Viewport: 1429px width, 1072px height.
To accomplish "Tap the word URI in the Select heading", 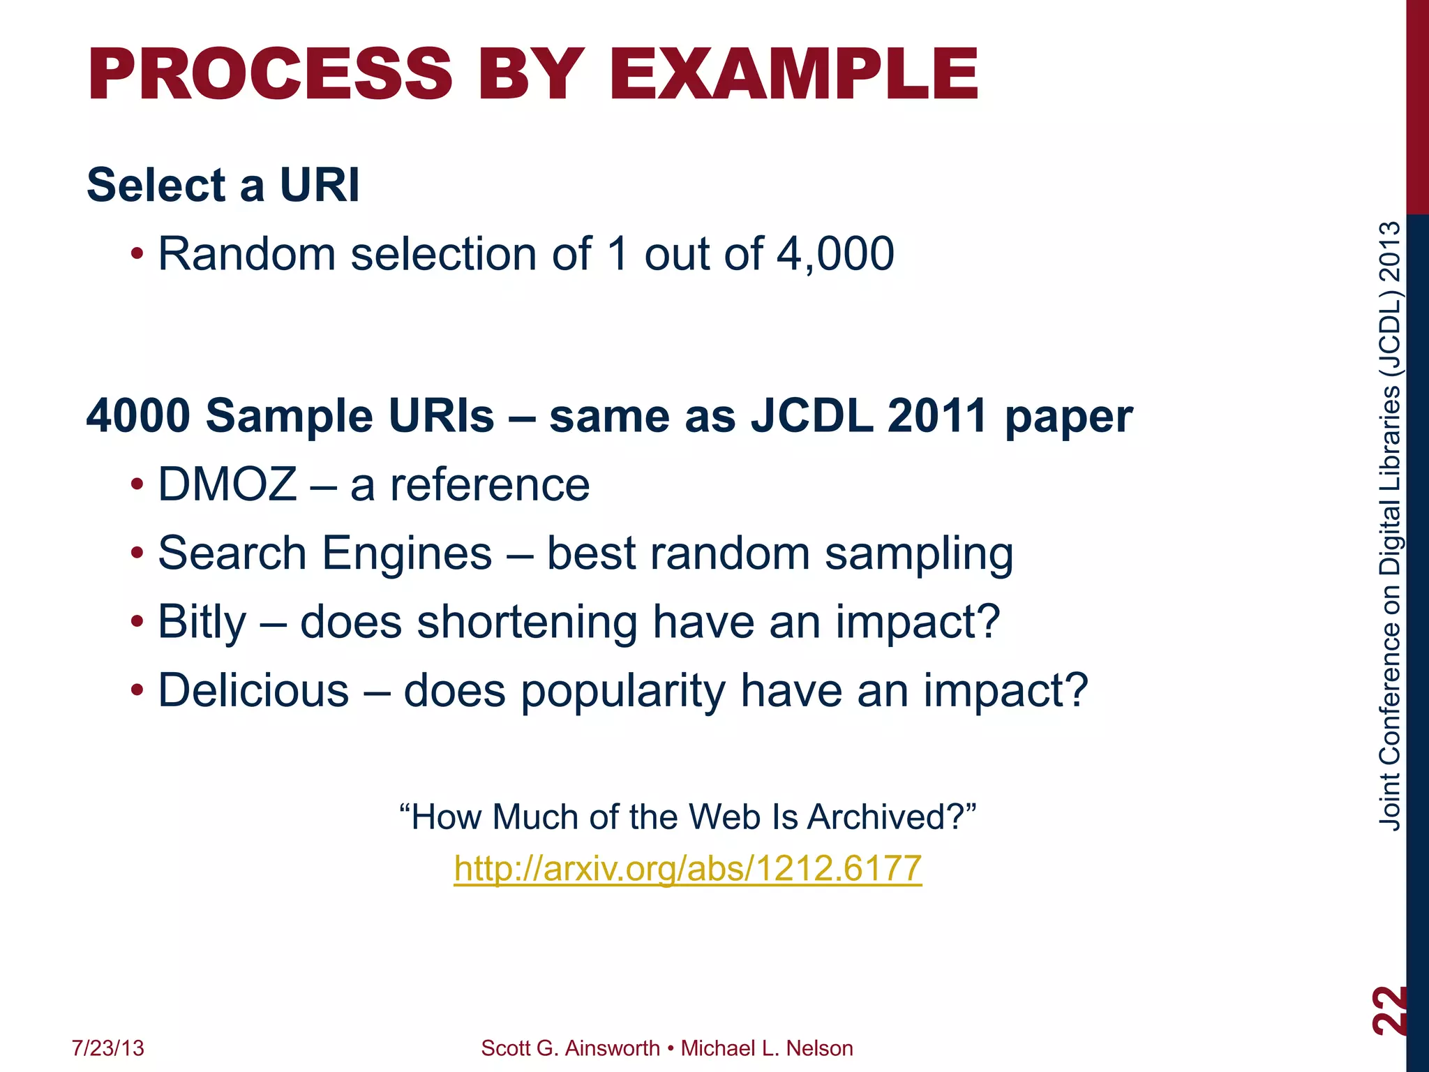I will tap(320, 186).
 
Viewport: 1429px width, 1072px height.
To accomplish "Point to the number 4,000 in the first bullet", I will tap(835, 253).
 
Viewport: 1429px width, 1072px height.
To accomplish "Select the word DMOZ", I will tap(227, 484).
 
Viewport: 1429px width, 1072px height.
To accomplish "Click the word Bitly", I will tap(202, 622).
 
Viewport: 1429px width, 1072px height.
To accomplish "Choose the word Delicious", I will tap(253, 690).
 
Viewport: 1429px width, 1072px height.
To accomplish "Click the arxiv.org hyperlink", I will tap(687, 868).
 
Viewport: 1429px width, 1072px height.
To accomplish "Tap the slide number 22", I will tap(1389, 1010).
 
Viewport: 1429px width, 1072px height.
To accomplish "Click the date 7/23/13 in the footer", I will tap(108, 1048).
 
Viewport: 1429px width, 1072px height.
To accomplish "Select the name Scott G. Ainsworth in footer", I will tap(570, 1048).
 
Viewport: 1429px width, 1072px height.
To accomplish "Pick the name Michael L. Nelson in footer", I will tap(767, 1048).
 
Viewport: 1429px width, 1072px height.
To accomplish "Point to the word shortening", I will tap(527, 622).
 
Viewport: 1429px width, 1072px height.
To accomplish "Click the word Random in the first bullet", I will tap(247, 253).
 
